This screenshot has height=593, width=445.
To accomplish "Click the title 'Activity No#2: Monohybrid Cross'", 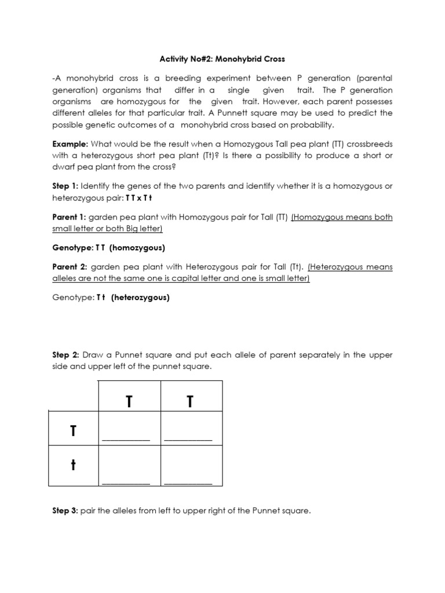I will pyautogui.click(x=222, y=59).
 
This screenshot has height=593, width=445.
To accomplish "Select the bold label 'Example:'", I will pyautogui.click(x=70, y=144).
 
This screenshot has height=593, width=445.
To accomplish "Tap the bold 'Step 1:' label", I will pyautogui.click(x=65, y=186).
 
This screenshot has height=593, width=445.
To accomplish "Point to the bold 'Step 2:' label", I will pyautogui.click(x=65, y=354).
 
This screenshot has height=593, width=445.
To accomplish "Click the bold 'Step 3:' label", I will pyautogui.click(x=65, y=511).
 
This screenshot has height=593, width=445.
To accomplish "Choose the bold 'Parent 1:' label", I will pyautogui.click(x=70, y=217).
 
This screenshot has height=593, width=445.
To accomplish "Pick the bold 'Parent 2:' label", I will pyautogui.click(x=70, y=267).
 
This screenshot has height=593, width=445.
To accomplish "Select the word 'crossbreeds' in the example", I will pyautogui.click(x=369, y=144).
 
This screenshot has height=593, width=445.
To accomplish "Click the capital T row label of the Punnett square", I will pyautogui.click(x=73, y=431).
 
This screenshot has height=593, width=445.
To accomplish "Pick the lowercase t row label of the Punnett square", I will pyautogui.click(x=73, y=466).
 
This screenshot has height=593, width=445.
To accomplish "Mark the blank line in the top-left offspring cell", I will pyautogui.click(x=126, y=440).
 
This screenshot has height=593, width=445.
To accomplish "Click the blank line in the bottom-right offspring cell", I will pyautogui.click(x=188, y=483).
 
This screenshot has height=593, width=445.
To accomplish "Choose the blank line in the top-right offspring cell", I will pyautogui.click(x=188, y=440).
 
